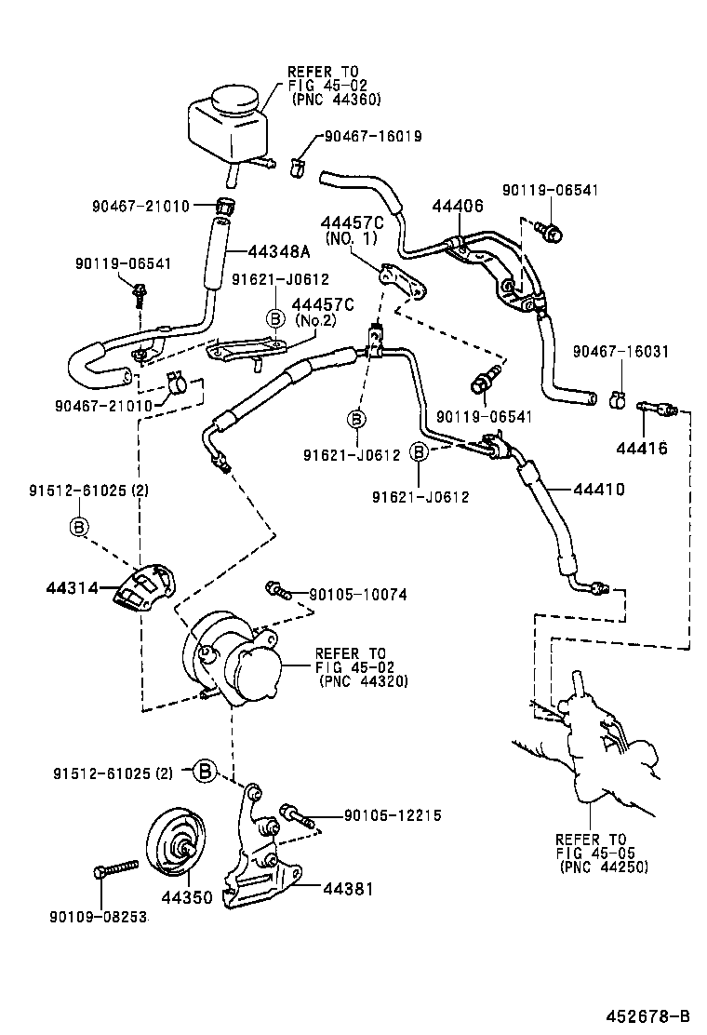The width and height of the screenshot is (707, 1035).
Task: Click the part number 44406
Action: [x=457, y=206]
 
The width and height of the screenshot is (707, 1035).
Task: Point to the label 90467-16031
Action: [x=620, y=351]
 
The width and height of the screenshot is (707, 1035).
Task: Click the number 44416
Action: [x=641, y=448]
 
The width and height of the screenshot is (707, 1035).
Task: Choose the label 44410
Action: [x=598, y=489]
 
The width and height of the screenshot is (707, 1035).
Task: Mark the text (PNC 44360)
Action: [x=336, y=99]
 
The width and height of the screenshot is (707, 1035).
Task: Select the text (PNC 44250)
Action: [x=604, y=867]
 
